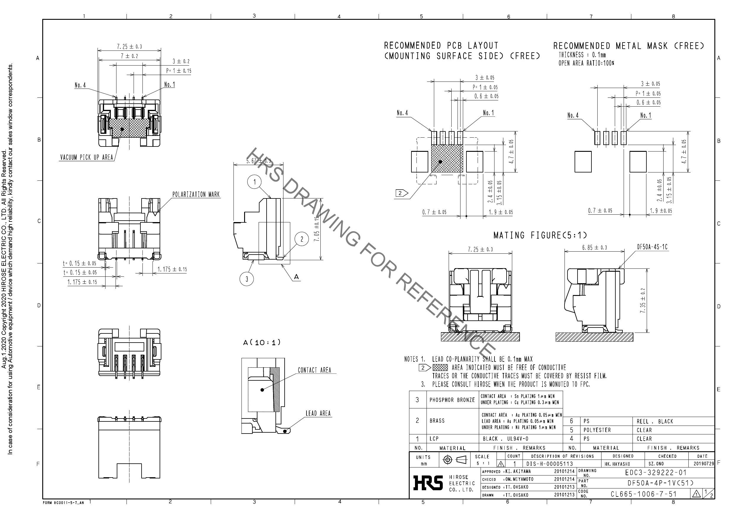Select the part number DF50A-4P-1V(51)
tap(661, 483)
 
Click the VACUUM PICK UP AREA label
tap(87, 158)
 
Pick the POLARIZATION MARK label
tap(196, 195)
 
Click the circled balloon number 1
tap(254, 182)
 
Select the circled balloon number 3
tap(247, 279)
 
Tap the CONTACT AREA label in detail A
tap(314, 370)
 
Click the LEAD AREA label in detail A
tap(318, 413)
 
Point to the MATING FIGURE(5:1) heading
tap(540, 235)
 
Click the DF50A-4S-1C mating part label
tap(652, 247)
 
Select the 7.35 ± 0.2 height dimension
tap(643, 300)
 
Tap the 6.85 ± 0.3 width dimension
tap(594, 247)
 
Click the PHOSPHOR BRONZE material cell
tap(452, 400)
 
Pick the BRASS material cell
tap(437, 421)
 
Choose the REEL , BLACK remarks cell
tap(655, 421)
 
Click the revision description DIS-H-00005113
tap(549, 464)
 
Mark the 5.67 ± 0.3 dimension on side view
tap(258, 161)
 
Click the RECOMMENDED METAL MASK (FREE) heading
tap(628, 46)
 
